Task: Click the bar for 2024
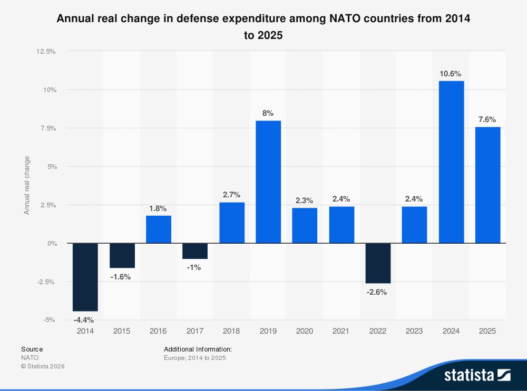coord(451,162)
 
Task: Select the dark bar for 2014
coord(85,277)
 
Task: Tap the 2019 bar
coord(268,182)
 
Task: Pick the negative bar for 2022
coord(378,263)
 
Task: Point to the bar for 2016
coord(158,229)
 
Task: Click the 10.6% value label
coord(451,74)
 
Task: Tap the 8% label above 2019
coord(268,113)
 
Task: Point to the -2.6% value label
coord(378,292)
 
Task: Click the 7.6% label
coord(487,119)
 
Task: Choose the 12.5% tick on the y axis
coord(46,52)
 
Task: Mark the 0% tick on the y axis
coord(51,244)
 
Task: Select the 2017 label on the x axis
coord(195,331)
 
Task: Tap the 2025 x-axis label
coord(487,331)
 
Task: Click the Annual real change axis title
coord(27,185)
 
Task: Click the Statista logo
coord(477,375)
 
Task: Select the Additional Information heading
coord(198,349)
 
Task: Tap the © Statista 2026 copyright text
coord(43,366)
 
